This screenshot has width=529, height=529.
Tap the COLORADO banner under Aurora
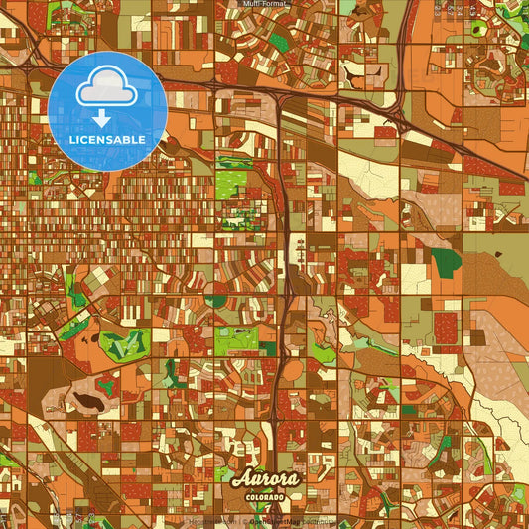pyautogui.click(x=264, y=495)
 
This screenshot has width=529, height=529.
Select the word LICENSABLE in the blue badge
pyautogui.click(x=106, y=140)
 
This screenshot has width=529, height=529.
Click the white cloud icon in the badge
pyautogui.click(x=106, y=88)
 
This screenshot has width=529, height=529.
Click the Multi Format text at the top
pyautogui.click(x=264, y=4)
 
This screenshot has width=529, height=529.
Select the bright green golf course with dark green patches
pyautogui.click(x=121, y=344)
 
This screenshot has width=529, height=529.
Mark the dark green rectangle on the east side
pyautogui.click(x=446, y=261)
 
